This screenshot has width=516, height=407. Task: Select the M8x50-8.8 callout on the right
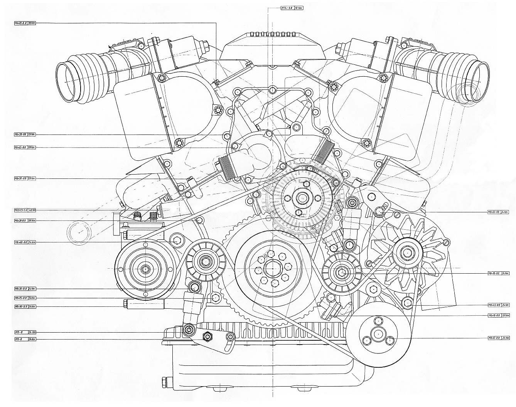(x=498, y=212)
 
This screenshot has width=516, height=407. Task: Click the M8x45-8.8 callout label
(x=498, y=304)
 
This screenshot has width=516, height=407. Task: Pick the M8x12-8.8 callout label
(x=498, y=338)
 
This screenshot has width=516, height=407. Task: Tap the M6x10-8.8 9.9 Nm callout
(x=498, y=315)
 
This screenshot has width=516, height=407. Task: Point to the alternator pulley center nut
(x=407, y=253)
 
